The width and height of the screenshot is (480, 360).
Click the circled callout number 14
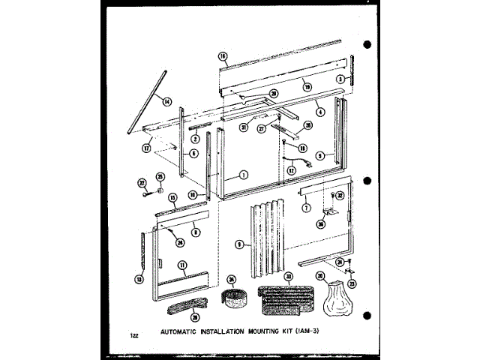point(166,101)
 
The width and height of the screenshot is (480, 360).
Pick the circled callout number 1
point(243,174)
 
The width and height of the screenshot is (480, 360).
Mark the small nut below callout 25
point(160,188)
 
